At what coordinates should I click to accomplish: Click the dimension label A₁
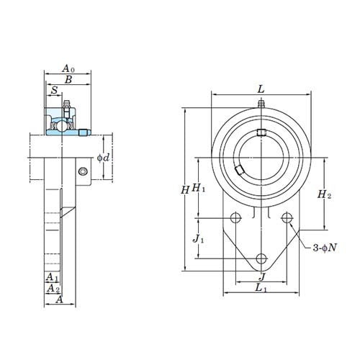coord(52,277)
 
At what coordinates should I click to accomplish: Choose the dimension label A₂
coord(53,289)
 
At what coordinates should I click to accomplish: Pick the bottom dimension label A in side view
coord(60,300)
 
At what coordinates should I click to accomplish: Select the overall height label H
coord(185,190)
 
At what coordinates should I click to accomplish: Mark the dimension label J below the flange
coord(261,276)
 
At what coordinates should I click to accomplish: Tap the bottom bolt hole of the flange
coord(261,258)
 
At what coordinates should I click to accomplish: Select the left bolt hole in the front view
coord(235,218)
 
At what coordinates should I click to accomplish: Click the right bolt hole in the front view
coord(287,218)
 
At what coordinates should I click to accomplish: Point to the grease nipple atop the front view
coord(261,105)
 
